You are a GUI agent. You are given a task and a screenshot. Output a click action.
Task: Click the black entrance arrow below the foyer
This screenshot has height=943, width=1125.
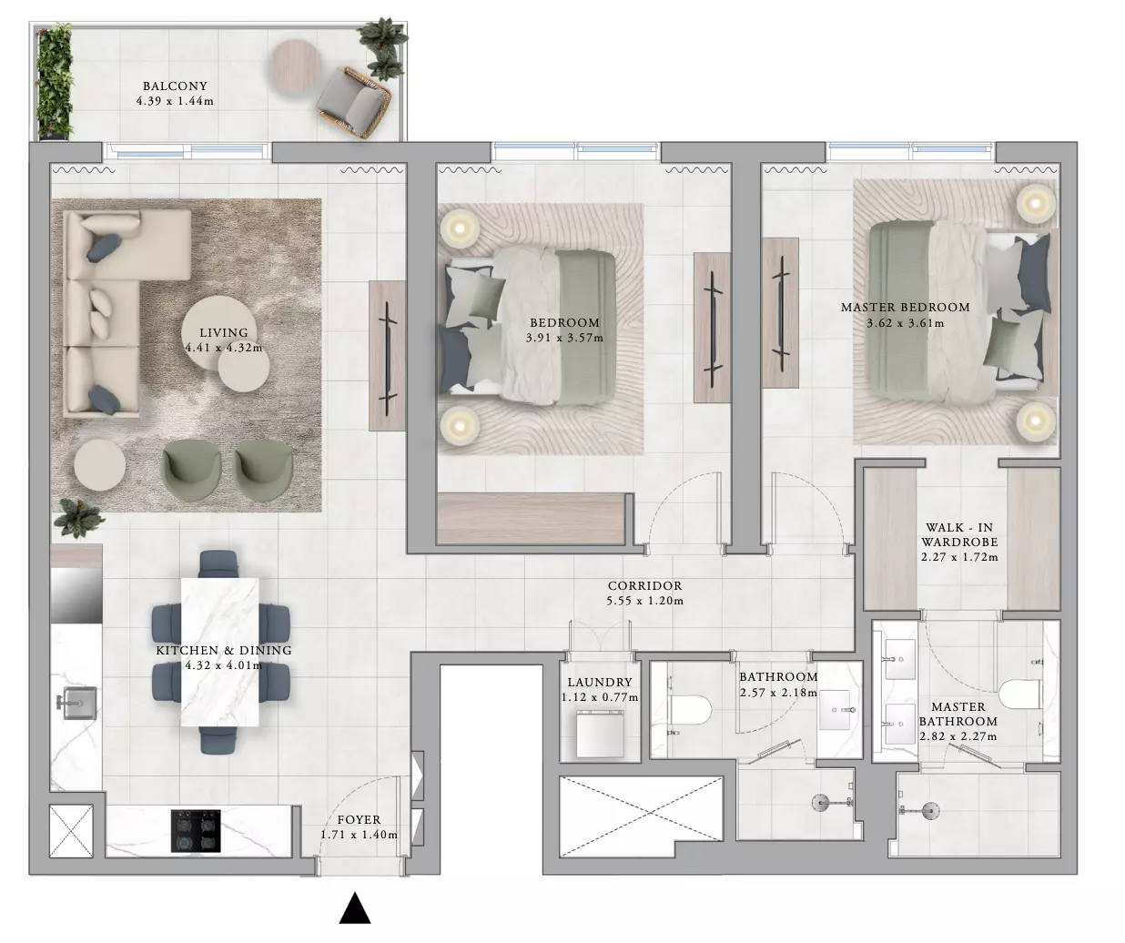355,908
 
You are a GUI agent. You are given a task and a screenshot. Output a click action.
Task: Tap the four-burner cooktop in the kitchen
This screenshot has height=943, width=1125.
196,830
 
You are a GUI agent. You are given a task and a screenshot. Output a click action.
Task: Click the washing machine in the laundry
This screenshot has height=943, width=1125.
601,734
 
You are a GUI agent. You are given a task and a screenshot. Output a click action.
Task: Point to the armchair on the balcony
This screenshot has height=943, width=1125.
353,102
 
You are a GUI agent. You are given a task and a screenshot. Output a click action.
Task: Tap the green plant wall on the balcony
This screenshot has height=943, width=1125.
55,81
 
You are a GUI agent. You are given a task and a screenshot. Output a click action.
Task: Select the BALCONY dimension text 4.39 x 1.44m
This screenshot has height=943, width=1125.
175,101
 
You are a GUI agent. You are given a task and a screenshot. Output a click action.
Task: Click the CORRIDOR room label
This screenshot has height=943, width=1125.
645,585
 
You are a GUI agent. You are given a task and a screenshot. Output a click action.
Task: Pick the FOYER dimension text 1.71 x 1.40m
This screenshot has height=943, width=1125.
360,835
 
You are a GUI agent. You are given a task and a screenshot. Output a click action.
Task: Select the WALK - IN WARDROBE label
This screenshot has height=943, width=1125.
959,534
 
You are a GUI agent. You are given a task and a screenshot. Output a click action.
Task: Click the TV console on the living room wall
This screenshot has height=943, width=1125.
387,356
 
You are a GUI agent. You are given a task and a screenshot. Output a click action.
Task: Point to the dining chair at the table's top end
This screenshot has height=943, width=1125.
218,563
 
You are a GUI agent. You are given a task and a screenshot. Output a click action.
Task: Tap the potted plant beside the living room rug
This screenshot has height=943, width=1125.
79,517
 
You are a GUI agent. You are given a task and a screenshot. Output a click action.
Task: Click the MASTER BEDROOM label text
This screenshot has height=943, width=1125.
905,307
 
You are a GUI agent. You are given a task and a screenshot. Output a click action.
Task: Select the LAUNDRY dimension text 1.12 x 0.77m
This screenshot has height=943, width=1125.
600,697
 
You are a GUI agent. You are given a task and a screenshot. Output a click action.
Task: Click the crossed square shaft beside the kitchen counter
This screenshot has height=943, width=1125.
71,830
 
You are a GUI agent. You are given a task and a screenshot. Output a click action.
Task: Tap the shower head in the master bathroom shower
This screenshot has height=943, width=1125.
930,810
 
